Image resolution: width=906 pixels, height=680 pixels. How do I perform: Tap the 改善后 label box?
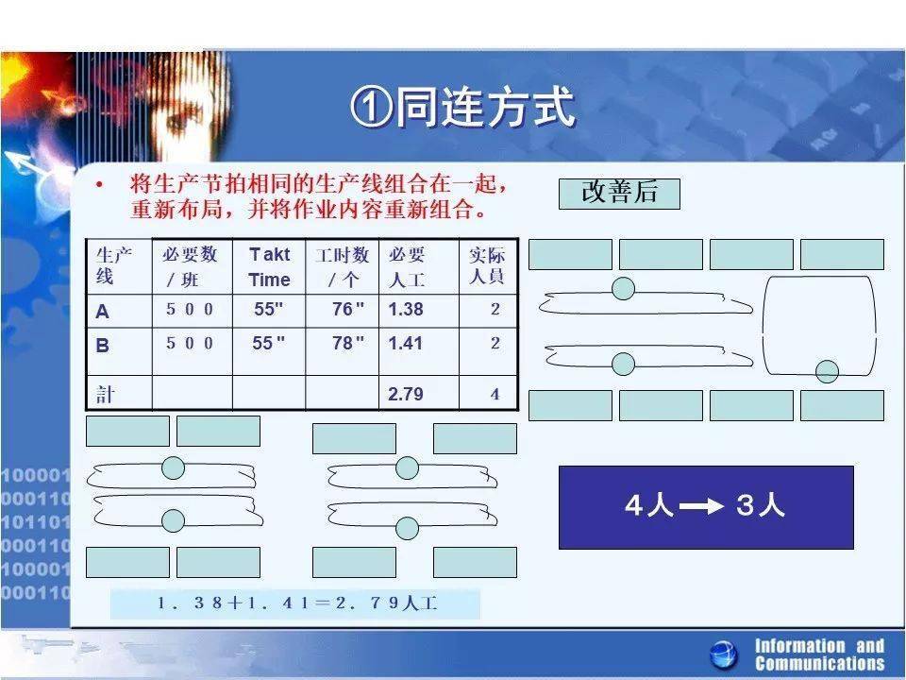click(619, 194)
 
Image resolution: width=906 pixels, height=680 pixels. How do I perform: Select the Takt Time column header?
click(269, 266)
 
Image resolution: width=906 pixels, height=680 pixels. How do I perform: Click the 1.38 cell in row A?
click(406, 309)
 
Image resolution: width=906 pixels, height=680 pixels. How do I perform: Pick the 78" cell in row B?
click(348, 342)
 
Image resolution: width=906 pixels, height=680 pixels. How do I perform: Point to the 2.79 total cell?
click(406, 394)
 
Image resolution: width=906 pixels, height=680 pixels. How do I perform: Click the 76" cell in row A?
click(348, 309)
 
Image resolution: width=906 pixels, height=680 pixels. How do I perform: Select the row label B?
click(102, 345)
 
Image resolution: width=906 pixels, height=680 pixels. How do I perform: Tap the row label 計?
click(105, 395)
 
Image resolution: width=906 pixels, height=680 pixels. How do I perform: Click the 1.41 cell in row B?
click(406, 343)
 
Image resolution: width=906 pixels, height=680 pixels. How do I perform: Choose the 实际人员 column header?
click(487, 265)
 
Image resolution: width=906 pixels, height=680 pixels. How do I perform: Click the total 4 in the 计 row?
click(495, 395)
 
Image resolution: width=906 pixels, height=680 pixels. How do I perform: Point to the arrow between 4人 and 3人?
click(701, 507)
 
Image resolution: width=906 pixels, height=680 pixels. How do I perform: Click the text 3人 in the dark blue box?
click(761, 504)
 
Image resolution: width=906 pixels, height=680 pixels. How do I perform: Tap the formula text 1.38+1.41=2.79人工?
click(297, 603)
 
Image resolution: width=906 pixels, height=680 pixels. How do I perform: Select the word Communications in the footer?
click(819, 663)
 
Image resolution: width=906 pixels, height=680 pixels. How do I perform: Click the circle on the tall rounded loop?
click(827, 372)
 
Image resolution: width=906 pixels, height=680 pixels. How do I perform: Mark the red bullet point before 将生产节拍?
click(99, 184)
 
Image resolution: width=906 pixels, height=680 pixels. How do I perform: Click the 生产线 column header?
click(114, 265)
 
